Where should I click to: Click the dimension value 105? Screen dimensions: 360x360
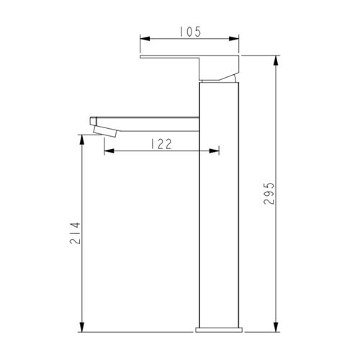point(189,31)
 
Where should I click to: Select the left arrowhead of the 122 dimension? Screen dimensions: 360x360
point(109,150)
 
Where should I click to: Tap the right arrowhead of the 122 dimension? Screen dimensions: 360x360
point(214,150)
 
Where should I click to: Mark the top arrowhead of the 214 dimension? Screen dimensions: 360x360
point(84,140)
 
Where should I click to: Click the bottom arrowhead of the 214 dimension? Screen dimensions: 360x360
point(84,328)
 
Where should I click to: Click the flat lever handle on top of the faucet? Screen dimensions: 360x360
point(180,58)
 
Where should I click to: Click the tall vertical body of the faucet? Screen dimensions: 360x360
point(218,216)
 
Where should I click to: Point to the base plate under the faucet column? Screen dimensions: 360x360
point(218,331)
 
